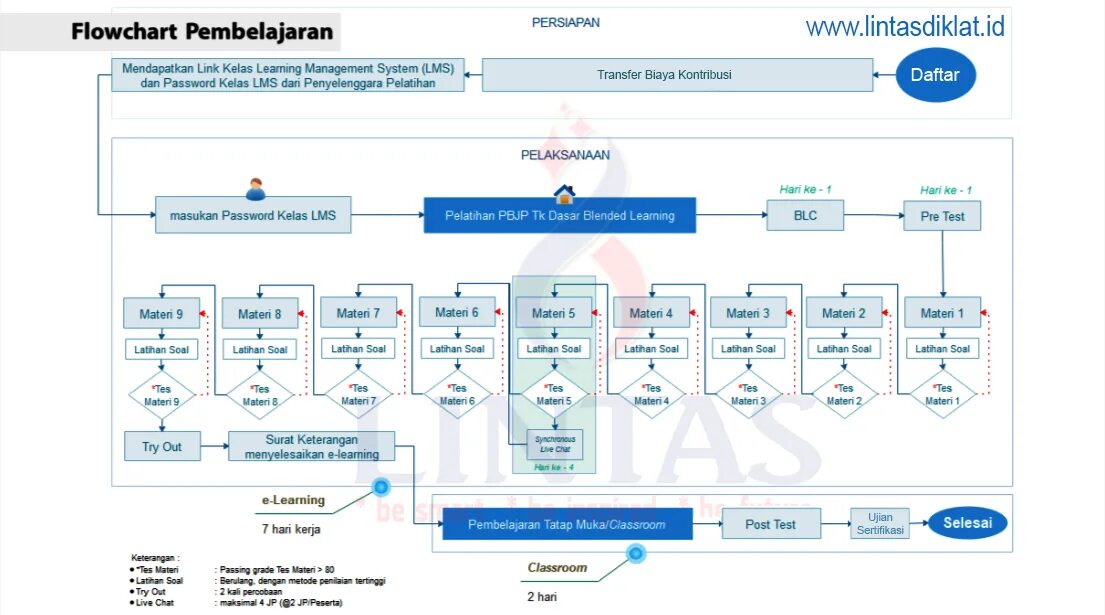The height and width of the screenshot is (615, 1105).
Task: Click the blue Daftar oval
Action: pyautogui.click(x=935, y=75)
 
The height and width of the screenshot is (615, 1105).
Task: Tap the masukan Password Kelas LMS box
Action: pyautogui.click(x=253, y=215)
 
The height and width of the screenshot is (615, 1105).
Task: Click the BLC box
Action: pyautogui.click(x=805, y=215)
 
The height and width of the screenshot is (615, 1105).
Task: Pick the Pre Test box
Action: pyautogui.click(x=942, y=216)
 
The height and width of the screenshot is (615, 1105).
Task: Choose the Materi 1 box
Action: pyautogui.click(x=942, y=313)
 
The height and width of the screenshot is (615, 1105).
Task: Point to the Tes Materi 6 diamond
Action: pyautogui.click(x=457, y=395)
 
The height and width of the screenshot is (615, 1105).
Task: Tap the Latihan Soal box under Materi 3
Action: pyautogui.click(x=747, y=349)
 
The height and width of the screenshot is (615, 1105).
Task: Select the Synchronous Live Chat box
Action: pyautogui.click(x=555, y=444)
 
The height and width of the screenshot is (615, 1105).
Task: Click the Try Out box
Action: pyautogui.click(x=162, y=446)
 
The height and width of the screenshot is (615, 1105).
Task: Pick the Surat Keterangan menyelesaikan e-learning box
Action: pyautogui.click(x=311, y=446)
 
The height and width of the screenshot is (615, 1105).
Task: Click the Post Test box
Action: pyautogui.click(x=770, y=524)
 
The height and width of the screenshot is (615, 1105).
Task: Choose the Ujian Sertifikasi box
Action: pyautogui.click(x=880, y=524)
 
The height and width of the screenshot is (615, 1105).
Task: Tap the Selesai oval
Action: pyautogui.click(x=967, y=522)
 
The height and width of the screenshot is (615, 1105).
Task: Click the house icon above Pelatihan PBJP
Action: pyautogui.click(x=564, y=193)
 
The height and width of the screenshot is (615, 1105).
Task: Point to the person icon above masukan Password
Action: pyautogui.click(x=256, y=188)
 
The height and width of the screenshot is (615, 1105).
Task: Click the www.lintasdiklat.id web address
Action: pyautogui.click(x=905, y=26)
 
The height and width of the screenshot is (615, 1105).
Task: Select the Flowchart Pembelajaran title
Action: pyautogui.click(x=202, y=32)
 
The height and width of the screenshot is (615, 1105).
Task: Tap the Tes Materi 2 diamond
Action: pyautogui.click(x=844, y=395)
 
